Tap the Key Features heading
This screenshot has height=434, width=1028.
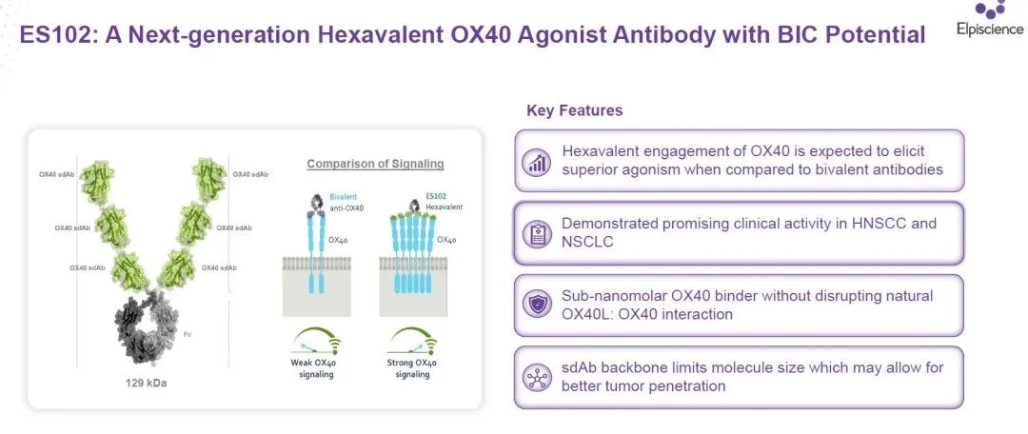point(574,110)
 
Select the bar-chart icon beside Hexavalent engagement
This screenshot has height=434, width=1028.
point(537,162)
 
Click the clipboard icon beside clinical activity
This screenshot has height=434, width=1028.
point(537,234)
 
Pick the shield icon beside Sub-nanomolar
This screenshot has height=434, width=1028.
point(537,305)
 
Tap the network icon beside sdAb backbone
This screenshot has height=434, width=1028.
point(537,378)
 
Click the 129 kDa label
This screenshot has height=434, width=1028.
point(147,383)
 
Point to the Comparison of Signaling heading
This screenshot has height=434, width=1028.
point(375,164)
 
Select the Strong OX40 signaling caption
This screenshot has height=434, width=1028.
point(412,368)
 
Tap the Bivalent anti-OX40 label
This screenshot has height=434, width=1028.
point(345,201)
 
